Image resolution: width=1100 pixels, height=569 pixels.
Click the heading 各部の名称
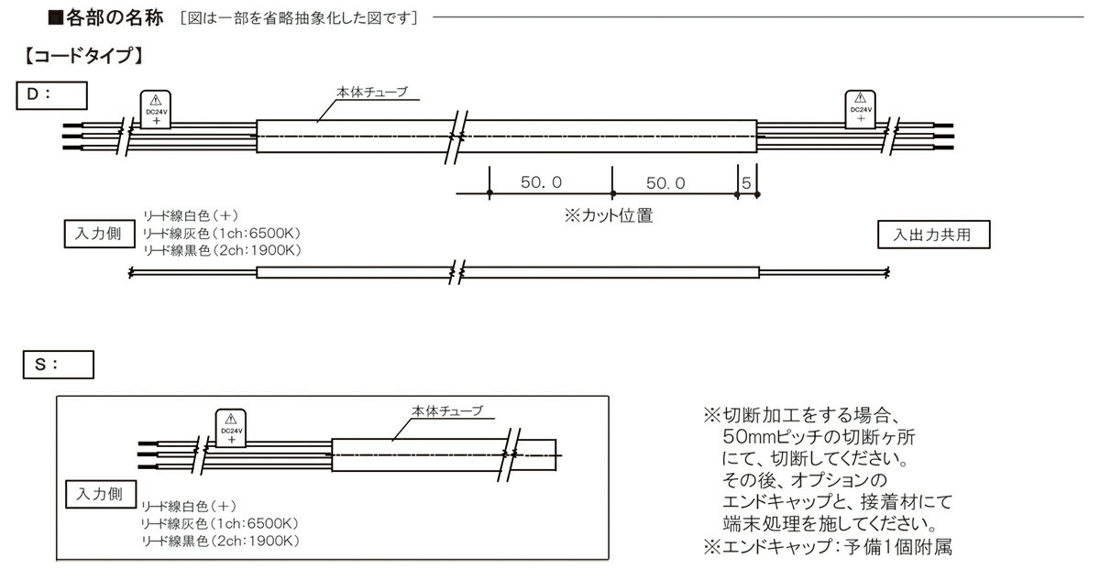tap(115, 18)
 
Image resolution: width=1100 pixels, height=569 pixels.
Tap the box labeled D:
tap(51, 95)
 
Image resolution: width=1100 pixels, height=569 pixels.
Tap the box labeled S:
tap(59, 365)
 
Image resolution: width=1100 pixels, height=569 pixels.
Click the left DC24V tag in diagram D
tap(156, 109)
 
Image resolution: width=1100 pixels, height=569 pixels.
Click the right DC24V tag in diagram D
tap(861, 109)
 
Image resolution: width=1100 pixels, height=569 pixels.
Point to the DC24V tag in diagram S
tap(231, 428)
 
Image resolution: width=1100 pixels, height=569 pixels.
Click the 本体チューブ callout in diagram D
tap(372, 92)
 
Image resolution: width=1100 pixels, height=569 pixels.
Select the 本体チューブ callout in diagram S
tap(447, 410)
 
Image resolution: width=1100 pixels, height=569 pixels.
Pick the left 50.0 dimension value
tap(541, 182)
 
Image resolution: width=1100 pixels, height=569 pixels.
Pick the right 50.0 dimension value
tap(665, 183)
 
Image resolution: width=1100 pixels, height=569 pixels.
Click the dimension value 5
tap(746, 183)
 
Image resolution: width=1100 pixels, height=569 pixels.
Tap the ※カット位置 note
tap(609, 215)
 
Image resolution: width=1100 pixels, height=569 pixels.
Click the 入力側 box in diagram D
tap(99, 234)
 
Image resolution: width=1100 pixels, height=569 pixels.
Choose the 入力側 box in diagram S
tap(101, 495)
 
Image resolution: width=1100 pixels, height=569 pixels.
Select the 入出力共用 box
tap(934, 235)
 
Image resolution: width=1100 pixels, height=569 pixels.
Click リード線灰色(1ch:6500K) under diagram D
tap(222, 234)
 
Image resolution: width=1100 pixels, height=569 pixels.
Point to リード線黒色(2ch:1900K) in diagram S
tap(221, 541)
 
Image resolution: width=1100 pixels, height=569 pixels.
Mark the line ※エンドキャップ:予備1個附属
tap(828, 546)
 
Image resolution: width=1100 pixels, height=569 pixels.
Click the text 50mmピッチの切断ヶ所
tap(819, 436)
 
